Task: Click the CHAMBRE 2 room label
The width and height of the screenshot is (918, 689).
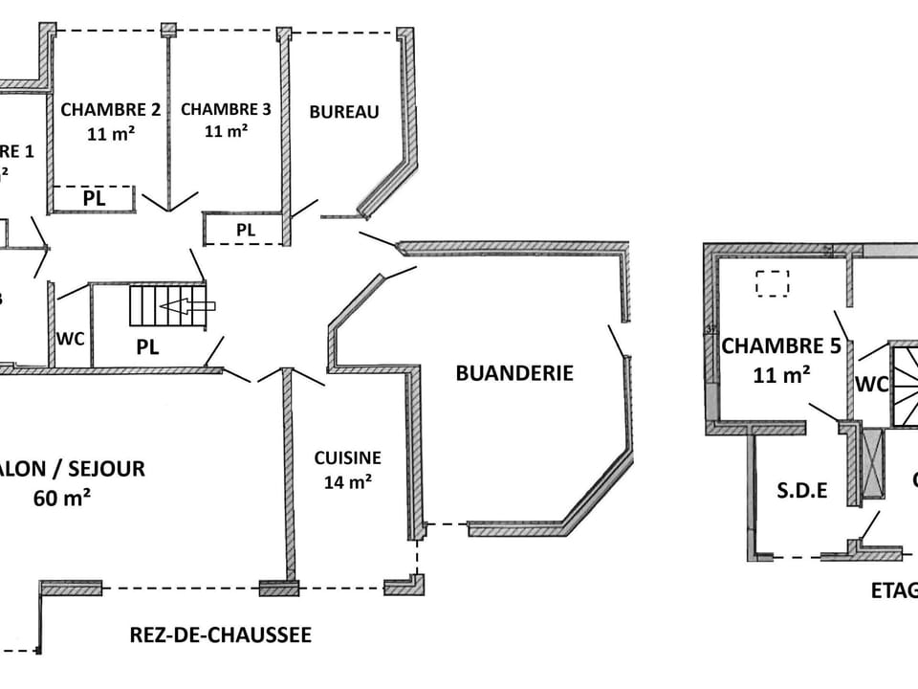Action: pyautogui.click(x=110, y=109)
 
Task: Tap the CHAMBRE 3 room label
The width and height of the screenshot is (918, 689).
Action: pyautogui.click(x=226, y=109)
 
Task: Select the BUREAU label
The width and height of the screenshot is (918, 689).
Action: pyautogui.click(x=344, y=112)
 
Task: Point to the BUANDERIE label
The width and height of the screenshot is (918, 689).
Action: pyautogui.click(x=514, y=373)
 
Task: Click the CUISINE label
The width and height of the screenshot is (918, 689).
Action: pyautogui.click(x=347, y=458)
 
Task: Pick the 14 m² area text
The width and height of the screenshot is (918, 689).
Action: pyautogui.click(x=347, y=482)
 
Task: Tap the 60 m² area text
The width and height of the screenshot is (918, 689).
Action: pyautogui.click(x=62, y=498)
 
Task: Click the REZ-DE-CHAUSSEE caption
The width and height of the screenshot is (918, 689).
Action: pyautogui.click(x=221, y=635)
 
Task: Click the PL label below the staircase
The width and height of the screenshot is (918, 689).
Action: pyautogui.click(x=147, y=347)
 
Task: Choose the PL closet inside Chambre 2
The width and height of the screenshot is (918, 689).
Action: pyautogui.click(x=93, y=199)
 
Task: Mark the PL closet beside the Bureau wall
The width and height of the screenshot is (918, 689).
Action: pyautogui.click(x=246, y=230)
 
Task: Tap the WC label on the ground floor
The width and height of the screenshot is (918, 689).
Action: pyautogui.click(x=70, y=338)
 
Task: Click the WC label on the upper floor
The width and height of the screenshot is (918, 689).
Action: pyautogui.click(x=871, y=385)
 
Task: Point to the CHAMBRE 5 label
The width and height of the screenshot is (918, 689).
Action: pyautogui.click(x=780, y=346)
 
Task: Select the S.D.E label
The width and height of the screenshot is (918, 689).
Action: pyautogui.click(x=801, y=491)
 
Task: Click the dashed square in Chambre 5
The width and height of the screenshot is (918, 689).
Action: pyautogui.click(x=772, y=284)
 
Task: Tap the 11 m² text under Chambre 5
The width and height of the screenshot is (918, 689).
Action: pyautogui.click(x=781, y=375)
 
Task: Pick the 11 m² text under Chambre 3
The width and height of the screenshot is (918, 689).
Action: pyautogui.click(x=227, y=132)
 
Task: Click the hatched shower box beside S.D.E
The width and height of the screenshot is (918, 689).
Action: pyautogui.click(x=873, y=464)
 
